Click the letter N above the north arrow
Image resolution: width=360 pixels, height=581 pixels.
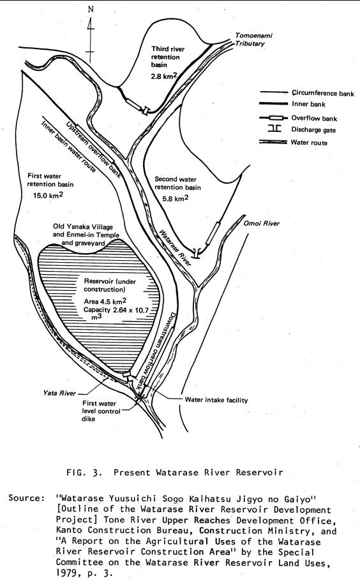click(91, 10)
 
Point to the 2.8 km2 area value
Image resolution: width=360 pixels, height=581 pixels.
click(164, 77)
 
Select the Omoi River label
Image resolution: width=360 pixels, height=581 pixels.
click(261, 223)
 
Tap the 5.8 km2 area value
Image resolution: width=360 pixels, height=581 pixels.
click(176, 198)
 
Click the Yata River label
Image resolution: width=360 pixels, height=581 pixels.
click(59, 393)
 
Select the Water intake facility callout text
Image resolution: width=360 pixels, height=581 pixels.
click(216, 400)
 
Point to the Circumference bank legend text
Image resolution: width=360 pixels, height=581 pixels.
click(322, 93)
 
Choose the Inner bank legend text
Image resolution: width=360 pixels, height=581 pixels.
click(308, 104)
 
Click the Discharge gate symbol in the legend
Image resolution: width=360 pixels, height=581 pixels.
click(274, 129)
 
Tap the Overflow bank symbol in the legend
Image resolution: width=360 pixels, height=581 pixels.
click(274, 118)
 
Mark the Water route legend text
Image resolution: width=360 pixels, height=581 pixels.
click(309, 142)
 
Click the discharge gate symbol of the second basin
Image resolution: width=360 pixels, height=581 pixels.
click(197, 253)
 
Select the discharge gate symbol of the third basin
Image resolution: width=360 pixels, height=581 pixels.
click(146, 110)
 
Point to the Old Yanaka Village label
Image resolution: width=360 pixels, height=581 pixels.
click(83, 227)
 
